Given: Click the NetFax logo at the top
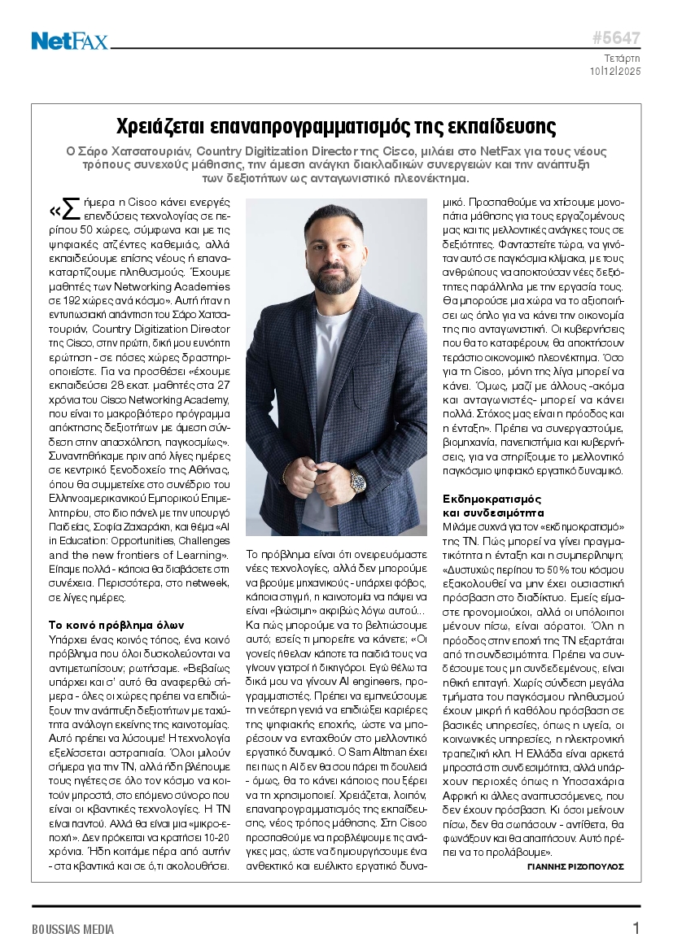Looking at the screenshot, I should (x=69, y=41).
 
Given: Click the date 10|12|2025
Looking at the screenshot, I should (x=615, y=72).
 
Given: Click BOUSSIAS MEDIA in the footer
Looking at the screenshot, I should (x=73, y=929).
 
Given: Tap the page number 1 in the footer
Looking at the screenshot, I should (x=636, y=928).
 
